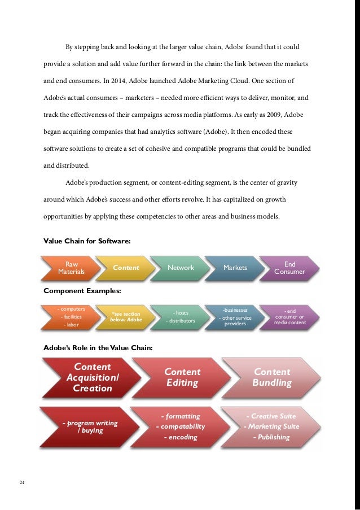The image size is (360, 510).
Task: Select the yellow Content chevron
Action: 126,268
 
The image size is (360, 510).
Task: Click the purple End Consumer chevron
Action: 289,268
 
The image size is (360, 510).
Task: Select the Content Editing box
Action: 182,377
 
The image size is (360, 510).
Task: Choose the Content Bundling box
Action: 272,377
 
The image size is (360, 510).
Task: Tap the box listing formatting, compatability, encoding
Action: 180,426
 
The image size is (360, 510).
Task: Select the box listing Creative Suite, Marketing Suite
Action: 271,426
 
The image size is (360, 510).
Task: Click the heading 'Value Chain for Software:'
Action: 87,241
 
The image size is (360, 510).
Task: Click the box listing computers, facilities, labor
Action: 72,317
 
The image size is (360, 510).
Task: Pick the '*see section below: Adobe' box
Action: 126,317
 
